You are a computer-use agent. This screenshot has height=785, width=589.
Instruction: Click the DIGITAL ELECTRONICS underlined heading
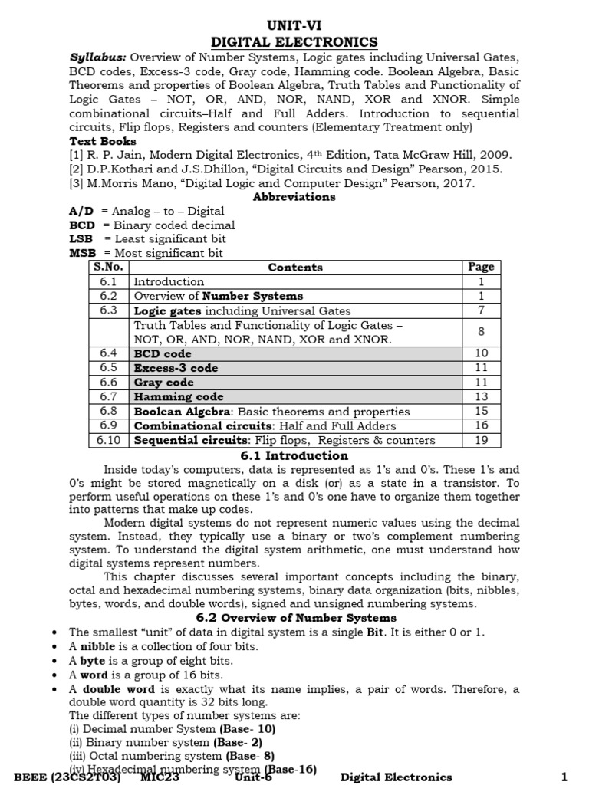click(294, 41)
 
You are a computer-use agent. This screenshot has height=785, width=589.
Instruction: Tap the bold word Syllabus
click(97, 58)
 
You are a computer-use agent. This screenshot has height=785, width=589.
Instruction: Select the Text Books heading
click(103, 141)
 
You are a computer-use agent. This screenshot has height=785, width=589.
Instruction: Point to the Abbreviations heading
click(294, 197)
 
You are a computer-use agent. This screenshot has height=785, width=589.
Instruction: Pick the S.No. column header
click(108, 268)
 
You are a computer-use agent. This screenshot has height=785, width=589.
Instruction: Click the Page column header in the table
click(481, 268)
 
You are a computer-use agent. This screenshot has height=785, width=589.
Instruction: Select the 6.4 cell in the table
click(108, 354)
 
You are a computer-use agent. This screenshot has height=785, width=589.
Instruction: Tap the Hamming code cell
click(179, 397)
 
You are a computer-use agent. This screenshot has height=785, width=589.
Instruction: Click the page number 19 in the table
click(481, 440)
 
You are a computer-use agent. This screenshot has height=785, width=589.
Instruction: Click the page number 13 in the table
click(481, 397)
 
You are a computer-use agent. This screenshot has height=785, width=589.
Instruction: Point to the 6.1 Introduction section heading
click(294, 455)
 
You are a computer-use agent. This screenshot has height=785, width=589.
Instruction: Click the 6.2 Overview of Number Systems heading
click(296, 617)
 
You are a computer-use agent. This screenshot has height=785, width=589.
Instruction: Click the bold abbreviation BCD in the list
click(81, 225)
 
